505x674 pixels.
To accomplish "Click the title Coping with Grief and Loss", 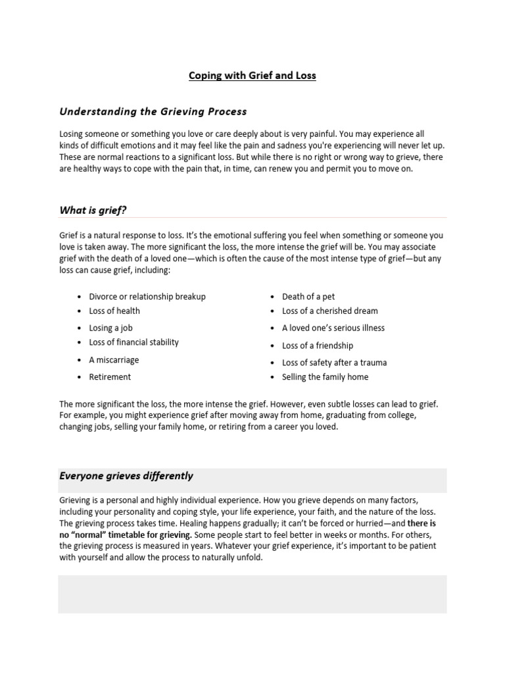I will point(252,76).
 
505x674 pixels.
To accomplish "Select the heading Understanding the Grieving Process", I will point(153,112).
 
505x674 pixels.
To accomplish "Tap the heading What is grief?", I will point(93,210).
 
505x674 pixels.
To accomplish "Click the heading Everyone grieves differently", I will point(126,476).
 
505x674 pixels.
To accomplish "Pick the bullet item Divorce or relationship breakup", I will point(147,297).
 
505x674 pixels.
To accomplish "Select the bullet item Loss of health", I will point(114,311).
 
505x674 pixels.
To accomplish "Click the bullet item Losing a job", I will point(111,328).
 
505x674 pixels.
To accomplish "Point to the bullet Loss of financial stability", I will point(133,342).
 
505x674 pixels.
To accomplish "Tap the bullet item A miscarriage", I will point(114,360).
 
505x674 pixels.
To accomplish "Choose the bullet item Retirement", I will point(110,377).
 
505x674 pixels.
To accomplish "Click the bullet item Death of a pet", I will point(308,297).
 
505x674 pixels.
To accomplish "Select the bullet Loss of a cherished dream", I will point(329,311).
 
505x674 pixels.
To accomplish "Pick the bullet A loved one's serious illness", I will point(333,328).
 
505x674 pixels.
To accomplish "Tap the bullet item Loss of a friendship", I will point(318,346).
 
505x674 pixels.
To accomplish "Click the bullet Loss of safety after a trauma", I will point(334,363).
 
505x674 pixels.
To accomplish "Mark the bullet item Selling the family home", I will point(325,377).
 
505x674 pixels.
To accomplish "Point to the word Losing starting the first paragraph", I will point(72,134).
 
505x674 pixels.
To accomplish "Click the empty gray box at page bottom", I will point(252,594).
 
